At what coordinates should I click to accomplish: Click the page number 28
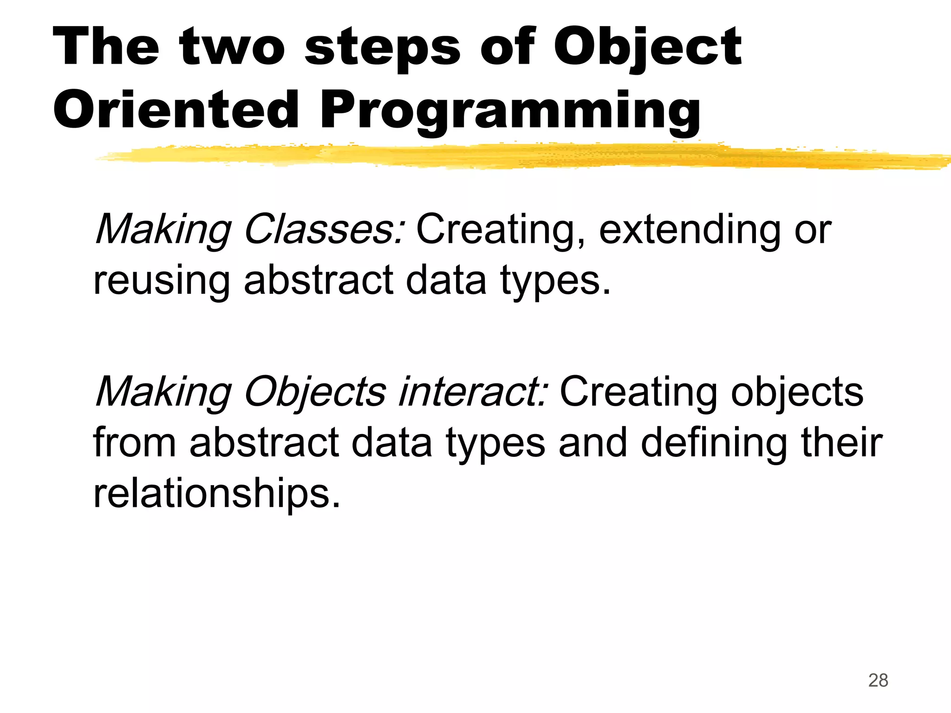(x=878, y=681)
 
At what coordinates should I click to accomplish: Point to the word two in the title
(x=232, y=48)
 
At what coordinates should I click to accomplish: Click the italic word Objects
(x=315, y=393)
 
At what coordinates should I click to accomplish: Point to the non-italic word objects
(x=797, y=393)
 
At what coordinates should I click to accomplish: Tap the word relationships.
(x=217, y=494)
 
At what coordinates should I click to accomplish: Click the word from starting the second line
(x=134, y=443)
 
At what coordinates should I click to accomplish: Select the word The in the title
(x=106, y=48)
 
